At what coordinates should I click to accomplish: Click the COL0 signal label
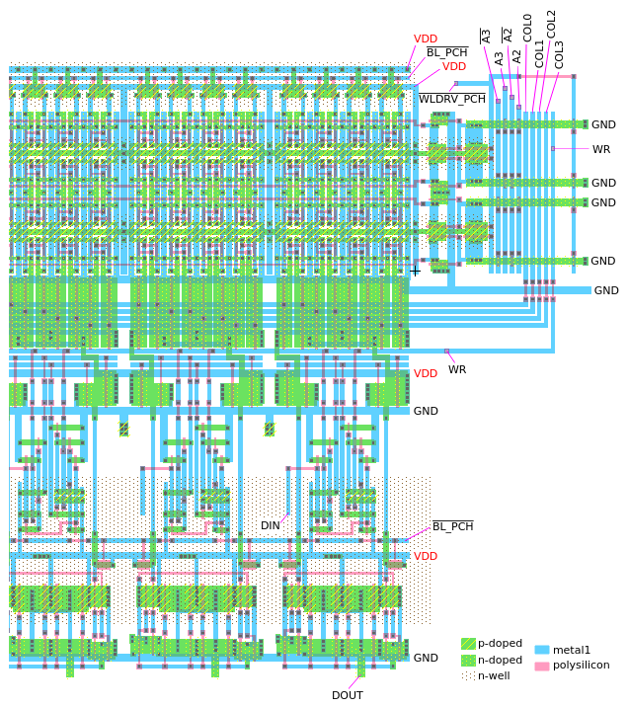(x=528, y=27)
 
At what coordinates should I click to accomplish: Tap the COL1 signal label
(x=540, y=53)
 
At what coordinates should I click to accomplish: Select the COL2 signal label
(x=552, y=23)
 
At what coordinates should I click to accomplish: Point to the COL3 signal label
(x=560, y=53)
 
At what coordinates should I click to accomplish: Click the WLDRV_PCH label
(x=452, y=99)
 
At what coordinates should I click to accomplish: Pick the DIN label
(x=271, y=526)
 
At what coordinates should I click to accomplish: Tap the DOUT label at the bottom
(x=347, y=695)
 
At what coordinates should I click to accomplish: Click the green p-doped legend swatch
(x=468, y=644)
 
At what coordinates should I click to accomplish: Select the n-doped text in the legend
(x=500, y=660)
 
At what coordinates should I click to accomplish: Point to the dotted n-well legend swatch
(x=468, y=676)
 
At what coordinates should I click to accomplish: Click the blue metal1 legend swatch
(x=541, y=650)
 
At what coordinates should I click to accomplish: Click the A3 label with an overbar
(x=486, y=37)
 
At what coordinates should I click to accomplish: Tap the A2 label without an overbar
(x=516, y=56)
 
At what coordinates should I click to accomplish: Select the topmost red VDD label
(x=426, y=39)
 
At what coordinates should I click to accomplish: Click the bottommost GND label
(x=426, y=658)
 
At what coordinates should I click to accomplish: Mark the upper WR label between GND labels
(x=601, y=149)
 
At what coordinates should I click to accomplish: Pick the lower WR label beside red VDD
(x=457, y=369)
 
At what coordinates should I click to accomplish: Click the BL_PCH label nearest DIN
(x=452, y=526)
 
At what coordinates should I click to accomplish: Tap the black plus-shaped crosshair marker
(x=415, y=271)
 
